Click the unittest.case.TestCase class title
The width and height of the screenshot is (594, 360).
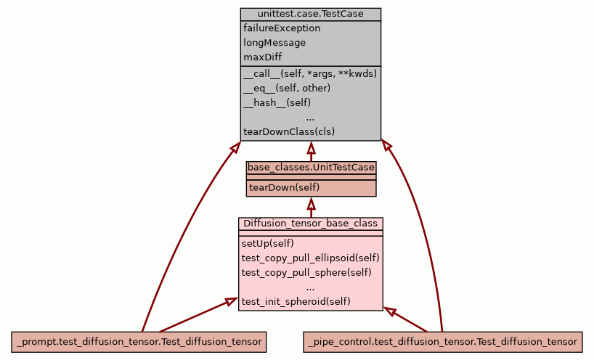click(310, 15)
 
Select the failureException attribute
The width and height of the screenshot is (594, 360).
click(282, 28)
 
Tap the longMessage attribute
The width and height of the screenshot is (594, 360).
click(274, 43)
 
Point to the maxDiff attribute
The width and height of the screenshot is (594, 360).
click(263, 57)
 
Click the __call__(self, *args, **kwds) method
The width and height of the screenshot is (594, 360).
click(310, 73)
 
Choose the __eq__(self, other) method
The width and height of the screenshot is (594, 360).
click(287, 88)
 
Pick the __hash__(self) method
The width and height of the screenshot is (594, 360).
click(277, 102)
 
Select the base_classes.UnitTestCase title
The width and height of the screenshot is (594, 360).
click(311, 168)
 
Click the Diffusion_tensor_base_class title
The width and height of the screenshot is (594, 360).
click(310, 224)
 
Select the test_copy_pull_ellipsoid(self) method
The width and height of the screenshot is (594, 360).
click(310, 258)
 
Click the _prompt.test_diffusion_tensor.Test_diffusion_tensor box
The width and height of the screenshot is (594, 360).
click(138, 341)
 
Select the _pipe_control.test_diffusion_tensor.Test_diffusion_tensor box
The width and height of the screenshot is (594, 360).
click(442, 341)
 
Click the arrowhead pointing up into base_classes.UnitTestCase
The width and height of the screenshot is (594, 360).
click(311, 202)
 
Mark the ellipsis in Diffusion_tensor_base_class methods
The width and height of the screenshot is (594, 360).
click(310, 287)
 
